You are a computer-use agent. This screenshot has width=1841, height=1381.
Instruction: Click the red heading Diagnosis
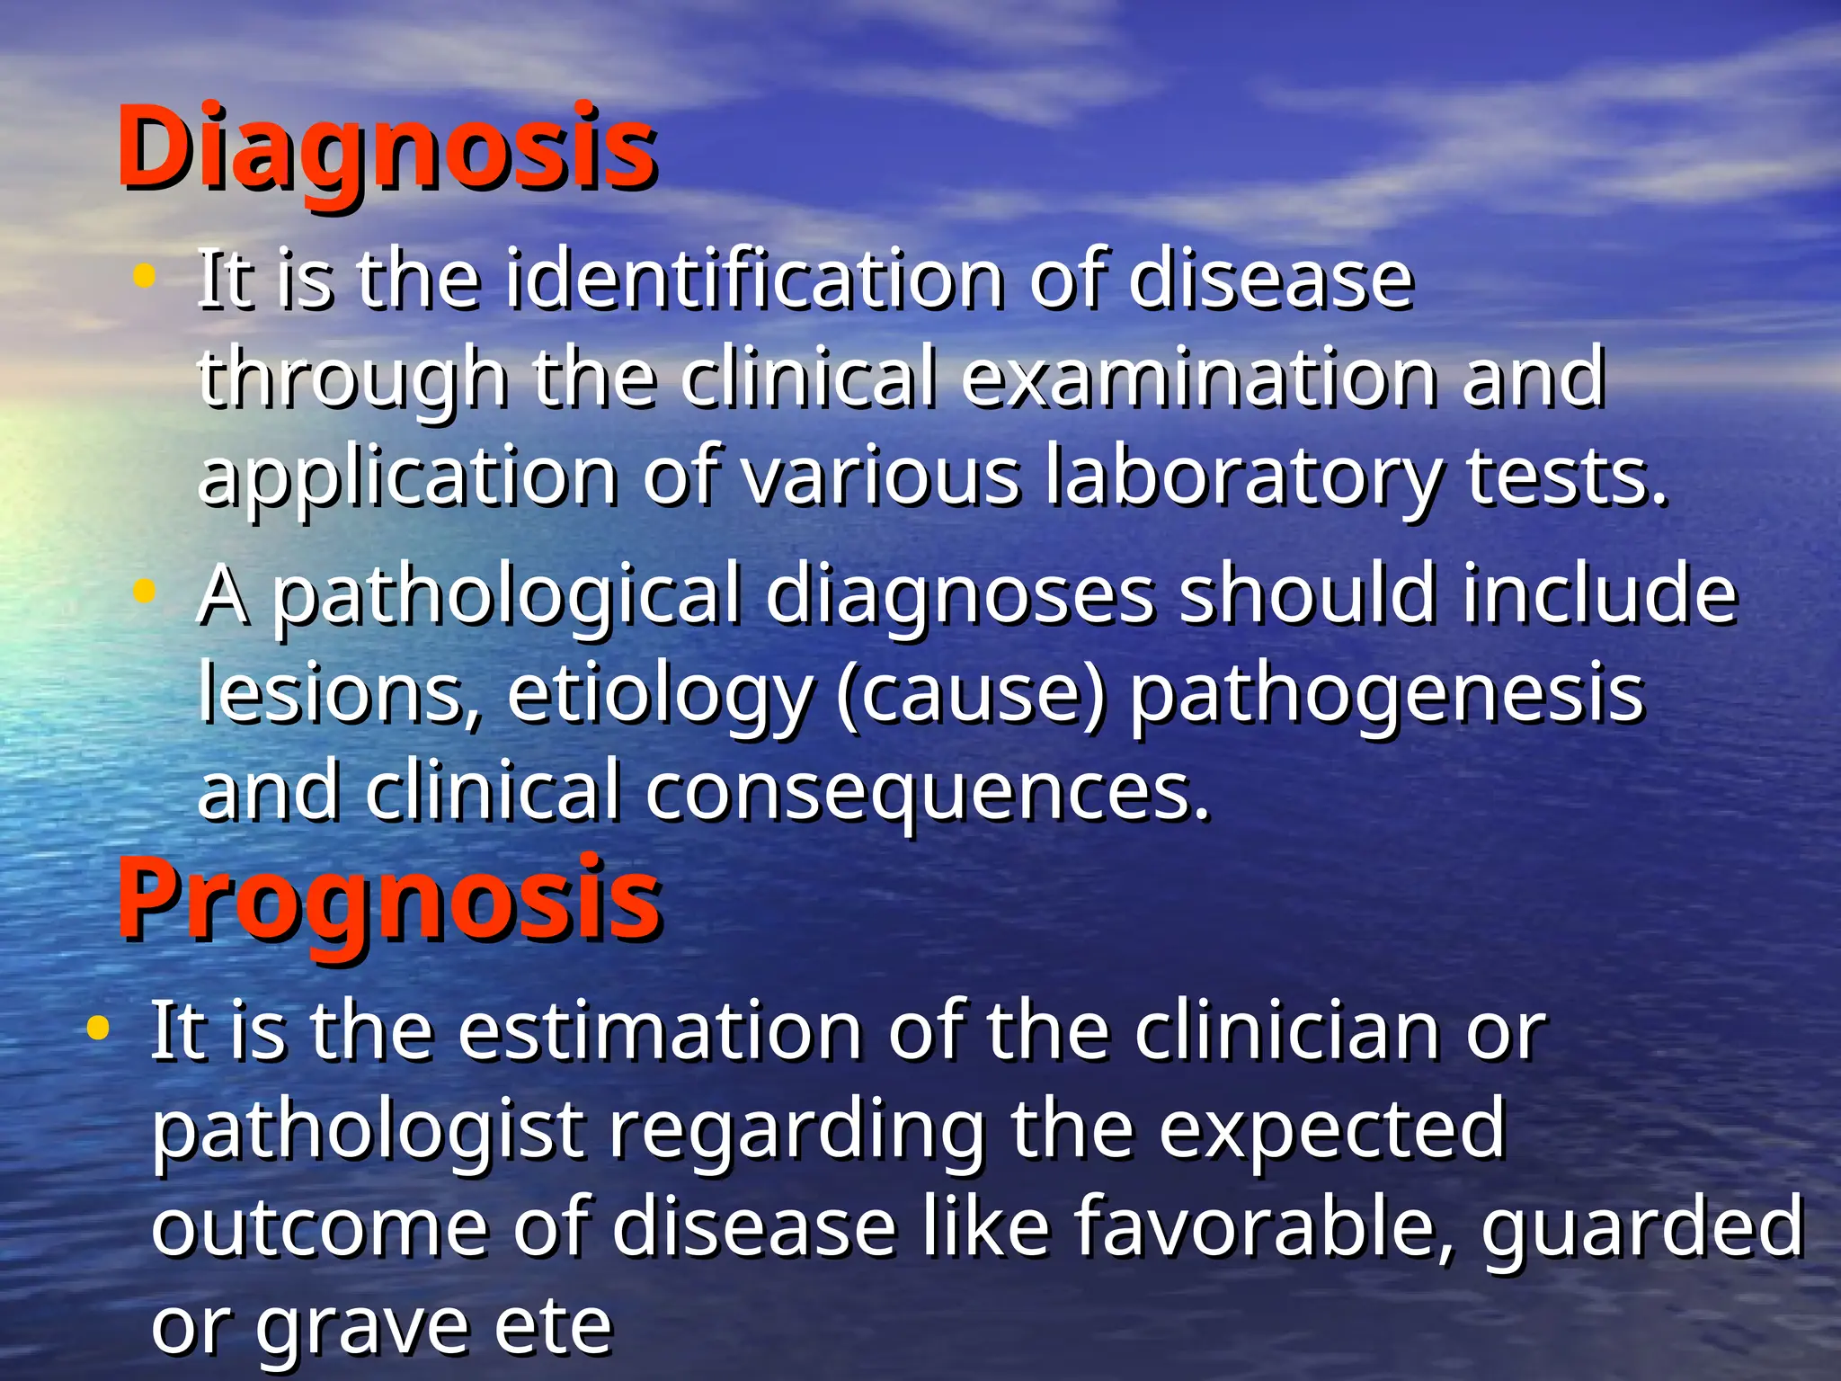point(387,148)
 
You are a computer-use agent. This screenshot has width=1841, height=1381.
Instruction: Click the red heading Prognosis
point(389,899)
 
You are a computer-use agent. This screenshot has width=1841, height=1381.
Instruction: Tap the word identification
point(753,280)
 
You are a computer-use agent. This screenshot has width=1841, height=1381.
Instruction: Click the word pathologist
point(369,1130)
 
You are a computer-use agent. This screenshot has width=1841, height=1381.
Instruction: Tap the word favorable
point(1264,1227)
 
